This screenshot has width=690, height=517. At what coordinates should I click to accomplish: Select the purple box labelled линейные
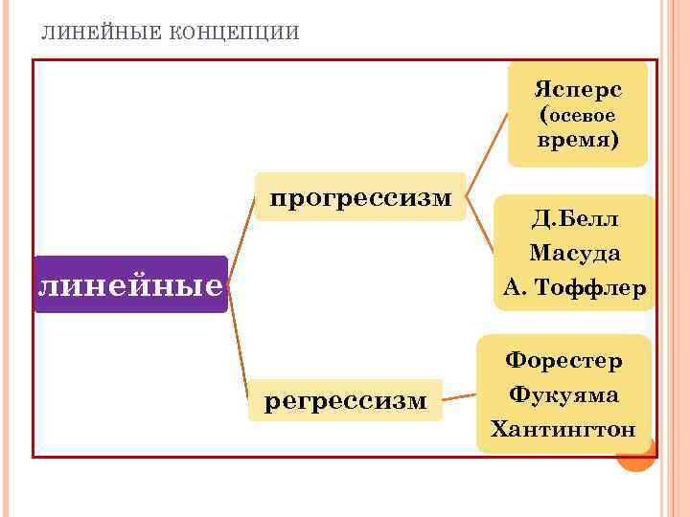click(x=130, y=284)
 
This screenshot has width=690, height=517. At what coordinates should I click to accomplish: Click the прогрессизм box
click(x=359, y=197)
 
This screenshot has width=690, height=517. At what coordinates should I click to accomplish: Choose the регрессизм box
click(x=346, y=400)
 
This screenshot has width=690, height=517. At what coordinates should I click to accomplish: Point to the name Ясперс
click(x=578, y=90)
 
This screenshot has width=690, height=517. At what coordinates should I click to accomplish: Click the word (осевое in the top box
click(x=578, y=115)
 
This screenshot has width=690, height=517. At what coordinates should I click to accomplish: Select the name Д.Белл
click(x=575, y=219)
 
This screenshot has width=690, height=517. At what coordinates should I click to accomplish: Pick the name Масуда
click(x=575, y=254)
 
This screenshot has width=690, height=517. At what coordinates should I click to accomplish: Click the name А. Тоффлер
click(x=575, y=287)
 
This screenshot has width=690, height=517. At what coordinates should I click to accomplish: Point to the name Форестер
click(x=563, y=361)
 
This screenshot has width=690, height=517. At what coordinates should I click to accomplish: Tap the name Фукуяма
click(x=563, y=394)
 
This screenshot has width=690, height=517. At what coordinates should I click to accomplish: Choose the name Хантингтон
click(x=563, y=428)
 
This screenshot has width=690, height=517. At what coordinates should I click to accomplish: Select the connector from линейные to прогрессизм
click(x=242, y=230)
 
